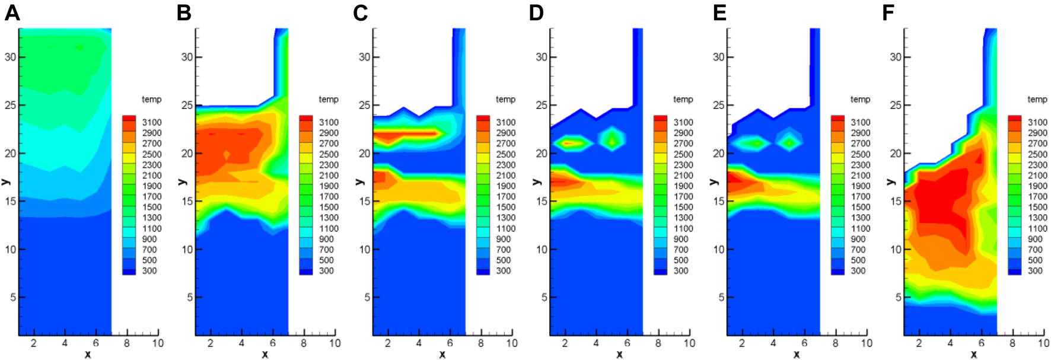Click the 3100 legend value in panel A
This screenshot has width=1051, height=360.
tap(152, 122)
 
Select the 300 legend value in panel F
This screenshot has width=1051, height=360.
tap(1035, 270)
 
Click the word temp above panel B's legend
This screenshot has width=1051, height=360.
tap(329, 99)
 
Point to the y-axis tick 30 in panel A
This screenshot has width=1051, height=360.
tap(10, 57)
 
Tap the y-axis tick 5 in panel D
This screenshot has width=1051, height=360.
tap(544, 297)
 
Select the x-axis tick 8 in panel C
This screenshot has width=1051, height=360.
tap(481, 343)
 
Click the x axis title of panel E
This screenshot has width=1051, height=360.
tap(797, 354)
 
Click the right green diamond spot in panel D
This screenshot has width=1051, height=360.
tap(612, 140)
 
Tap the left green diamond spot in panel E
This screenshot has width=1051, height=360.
tap(756, 143)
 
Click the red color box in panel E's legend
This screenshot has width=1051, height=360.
tap(838, 119)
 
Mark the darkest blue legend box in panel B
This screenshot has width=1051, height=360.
tap(306, 272)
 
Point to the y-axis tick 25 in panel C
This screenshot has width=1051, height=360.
tap(364, 105)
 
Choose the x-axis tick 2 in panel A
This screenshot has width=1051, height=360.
tap(33, 343)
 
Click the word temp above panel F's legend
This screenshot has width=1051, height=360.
tap(1037, 99)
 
